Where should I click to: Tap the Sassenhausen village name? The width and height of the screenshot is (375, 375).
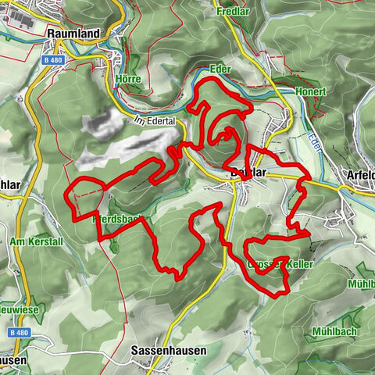point(169,351)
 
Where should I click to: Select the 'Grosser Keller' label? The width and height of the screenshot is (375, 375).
point(280,266)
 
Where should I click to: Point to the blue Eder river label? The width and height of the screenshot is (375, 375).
point(316,140)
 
